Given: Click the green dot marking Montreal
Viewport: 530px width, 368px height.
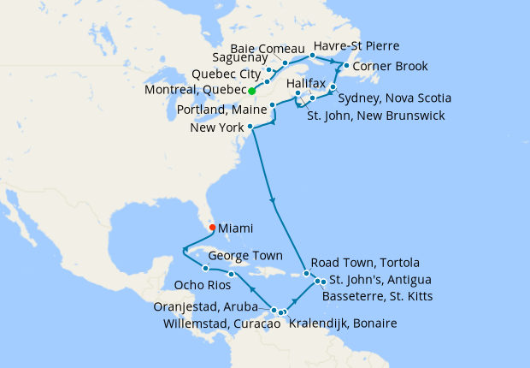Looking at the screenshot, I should point(252,90).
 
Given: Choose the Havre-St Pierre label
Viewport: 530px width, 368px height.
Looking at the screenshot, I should point(356,45).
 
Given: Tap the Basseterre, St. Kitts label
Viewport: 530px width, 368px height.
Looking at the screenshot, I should point(377,297).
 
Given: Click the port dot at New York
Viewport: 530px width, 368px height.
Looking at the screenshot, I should point(250,128).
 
